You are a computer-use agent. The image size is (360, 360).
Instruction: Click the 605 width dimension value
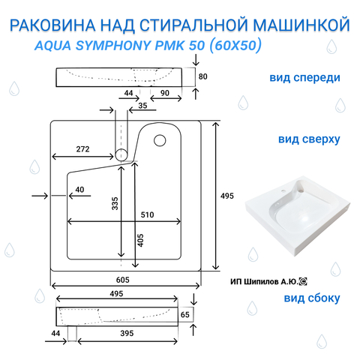[123, 280]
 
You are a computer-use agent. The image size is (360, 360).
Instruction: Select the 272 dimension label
[82, 149]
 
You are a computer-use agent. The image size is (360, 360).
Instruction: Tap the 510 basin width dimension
[147, 214]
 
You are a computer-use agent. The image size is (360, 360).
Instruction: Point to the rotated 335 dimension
[115, 203]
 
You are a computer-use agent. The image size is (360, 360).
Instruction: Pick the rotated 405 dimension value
[141, 240]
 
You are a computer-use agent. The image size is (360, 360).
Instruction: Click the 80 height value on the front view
[202, 76]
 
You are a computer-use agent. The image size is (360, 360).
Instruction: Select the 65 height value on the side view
[184, 314]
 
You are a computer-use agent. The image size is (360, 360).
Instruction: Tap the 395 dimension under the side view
[127, 333]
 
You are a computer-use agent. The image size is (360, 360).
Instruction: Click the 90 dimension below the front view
[165, 93]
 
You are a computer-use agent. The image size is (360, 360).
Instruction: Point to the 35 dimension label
[142, 106]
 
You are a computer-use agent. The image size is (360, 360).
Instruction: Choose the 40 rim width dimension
[79, 190]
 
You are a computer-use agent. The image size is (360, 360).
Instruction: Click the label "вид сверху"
[309, 139]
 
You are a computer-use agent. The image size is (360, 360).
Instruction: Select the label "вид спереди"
[304, 78]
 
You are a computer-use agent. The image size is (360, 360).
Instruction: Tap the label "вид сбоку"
[312, 298]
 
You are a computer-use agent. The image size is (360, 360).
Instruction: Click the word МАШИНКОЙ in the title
[301, 25]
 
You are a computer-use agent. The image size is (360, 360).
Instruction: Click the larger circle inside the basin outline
[160, 140]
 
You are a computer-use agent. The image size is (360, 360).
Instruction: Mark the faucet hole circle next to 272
[121, 155]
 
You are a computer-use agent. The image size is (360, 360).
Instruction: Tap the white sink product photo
[297, 216]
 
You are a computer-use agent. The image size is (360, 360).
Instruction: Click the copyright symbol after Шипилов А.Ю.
[303, 282]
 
